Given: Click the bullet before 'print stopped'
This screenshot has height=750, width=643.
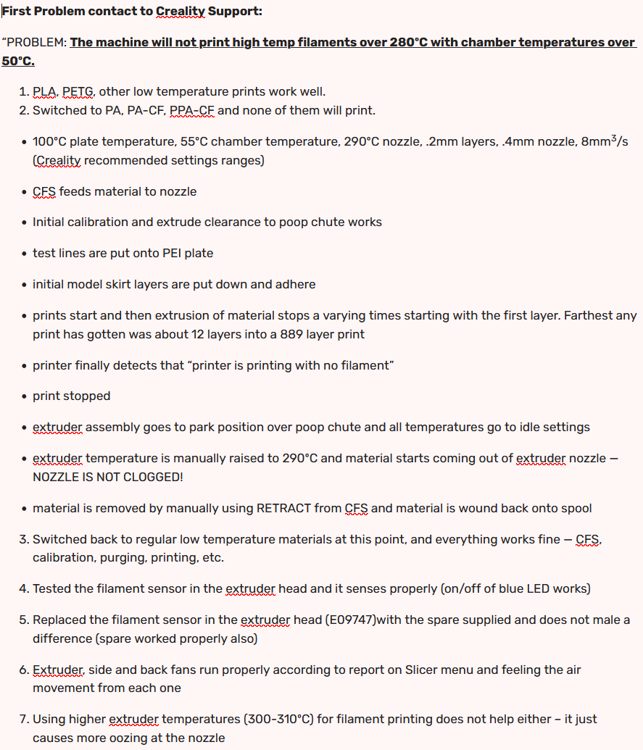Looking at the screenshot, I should pyautogui.click(x=24, y=396).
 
